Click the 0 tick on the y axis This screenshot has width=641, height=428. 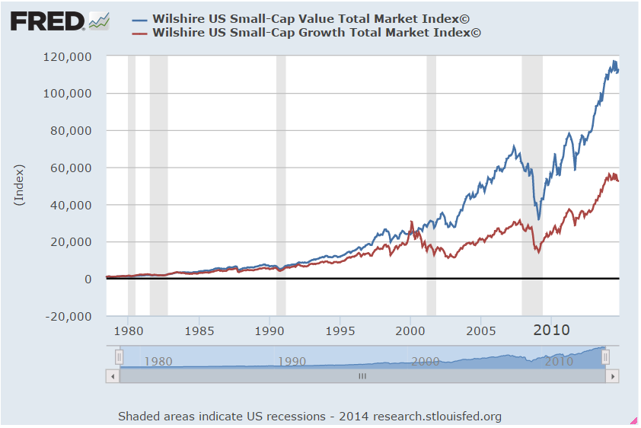click(x=88, y=279)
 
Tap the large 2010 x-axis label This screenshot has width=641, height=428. click(x=552, y=330)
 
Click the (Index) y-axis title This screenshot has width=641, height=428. click(x=20, y=184)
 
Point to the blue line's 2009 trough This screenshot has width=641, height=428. click(x=539, y=219)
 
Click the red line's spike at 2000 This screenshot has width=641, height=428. click(x=412, y=222)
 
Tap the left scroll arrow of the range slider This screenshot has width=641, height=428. click(x=113, y=376)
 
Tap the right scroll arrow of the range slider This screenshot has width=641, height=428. click(x=611, y=376)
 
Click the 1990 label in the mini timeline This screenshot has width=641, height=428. click(x=292, y=362)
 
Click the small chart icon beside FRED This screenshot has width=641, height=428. click(x=99, y=21)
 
